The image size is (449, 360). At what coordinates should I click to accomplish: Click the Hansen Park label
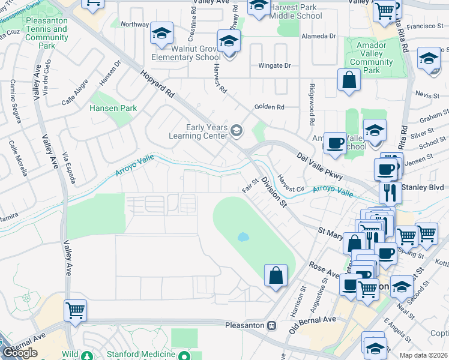(x=113, y=109)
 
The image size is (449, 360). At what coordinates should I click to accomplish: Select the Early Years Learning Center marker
(x=238, y=130)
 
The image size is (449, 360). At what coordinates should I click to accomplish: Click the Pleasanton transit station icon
(x=271, y=325)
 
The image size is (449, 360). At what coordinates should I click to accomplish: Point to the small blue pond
(x=243, y=236)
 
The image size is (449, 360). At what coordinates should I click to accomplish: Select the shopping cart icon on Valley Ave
(x=75, y=311)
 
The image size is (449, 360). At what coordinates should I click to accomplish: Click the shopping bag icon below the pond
(x=275, y=275)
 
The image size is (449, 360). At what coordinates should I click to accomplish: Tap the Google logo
(x=20, y=353)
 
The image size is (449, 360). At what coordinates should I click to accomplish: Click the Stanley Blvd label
(x=424, y=188)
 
